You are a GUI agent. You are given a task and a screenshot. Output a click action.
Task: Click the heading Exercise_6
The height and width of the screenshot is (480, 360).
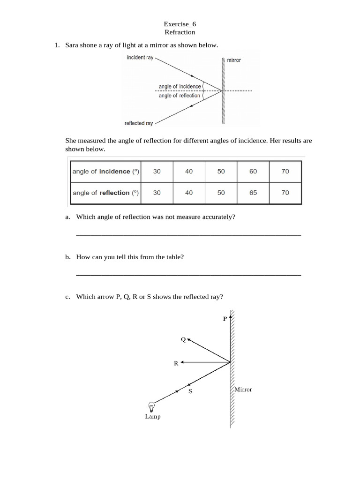point(180,24)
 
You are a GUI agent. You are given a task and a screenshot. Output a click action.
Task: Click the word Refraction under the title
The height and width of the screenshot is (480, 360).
point(180,32)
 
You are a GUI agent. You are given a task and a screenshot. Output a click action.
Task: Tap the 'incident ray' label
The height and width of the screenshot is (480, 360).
point(140,58)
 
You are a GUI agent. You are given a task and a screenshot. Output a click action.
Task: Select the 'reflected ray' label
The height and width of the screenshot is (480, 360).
point(138,123)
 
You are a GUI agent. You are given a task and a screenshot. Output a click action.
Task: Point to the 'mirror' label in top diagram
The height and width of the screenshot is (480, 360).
point(234,60)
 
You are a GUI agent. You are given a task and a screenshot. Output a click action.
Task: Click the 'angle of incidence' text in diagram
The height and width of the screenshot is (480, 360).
point(180,86)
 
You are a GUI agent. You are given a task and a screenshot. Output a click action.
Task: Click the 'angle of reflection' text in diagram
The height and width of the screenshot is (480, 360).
point(179,96)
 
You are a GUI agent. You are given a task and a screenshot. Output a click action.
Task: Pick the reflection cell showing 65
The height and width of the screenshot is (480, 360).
point(253,193)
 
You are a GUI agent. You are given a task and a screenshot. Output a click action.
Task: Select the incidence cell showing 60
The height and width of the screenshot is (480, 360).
point(253,172)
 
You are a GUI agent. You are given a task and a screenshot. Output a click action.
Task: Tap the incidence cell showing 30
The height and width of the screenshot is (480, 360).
point(157,172)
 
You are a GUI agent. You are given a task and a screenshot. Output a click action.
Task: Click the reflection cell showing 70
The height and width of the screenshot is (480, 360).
point(285,193)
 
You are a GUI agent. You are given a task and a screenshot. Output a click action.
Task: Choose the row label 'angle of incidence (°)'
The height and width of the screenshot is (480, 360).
point(105,172)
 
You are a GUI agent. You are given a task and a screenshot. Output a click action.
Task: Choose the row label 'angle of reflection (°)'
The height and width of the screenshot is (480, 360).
point(105,193)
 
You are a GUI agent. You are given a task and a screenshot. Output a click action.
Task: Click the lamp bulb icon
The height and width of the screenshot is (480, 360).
point(151,406)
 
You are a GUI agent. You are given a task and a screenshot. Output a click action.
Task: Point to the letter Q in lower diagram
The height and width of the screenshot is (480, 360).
point(183,339)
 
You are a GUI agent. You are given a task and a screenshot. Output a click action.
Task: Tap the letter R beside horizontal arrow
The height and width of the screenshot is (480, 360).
point(176,363)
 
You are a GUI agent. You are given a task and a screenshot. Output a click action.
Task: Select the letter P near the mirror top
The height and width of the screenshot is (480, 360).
point(225,319)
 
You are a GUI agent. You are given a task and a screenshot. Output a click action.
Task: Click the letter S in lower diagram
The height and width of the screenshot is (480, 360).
point(190,391)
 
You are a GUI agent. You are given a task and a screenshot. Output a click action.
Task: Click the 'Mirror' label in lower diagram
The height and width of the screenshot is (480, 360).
point(243,390)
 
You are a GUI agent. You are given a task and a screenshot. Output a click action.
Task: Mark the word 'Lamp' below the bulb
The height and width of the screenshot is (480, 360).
point(152,417)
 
